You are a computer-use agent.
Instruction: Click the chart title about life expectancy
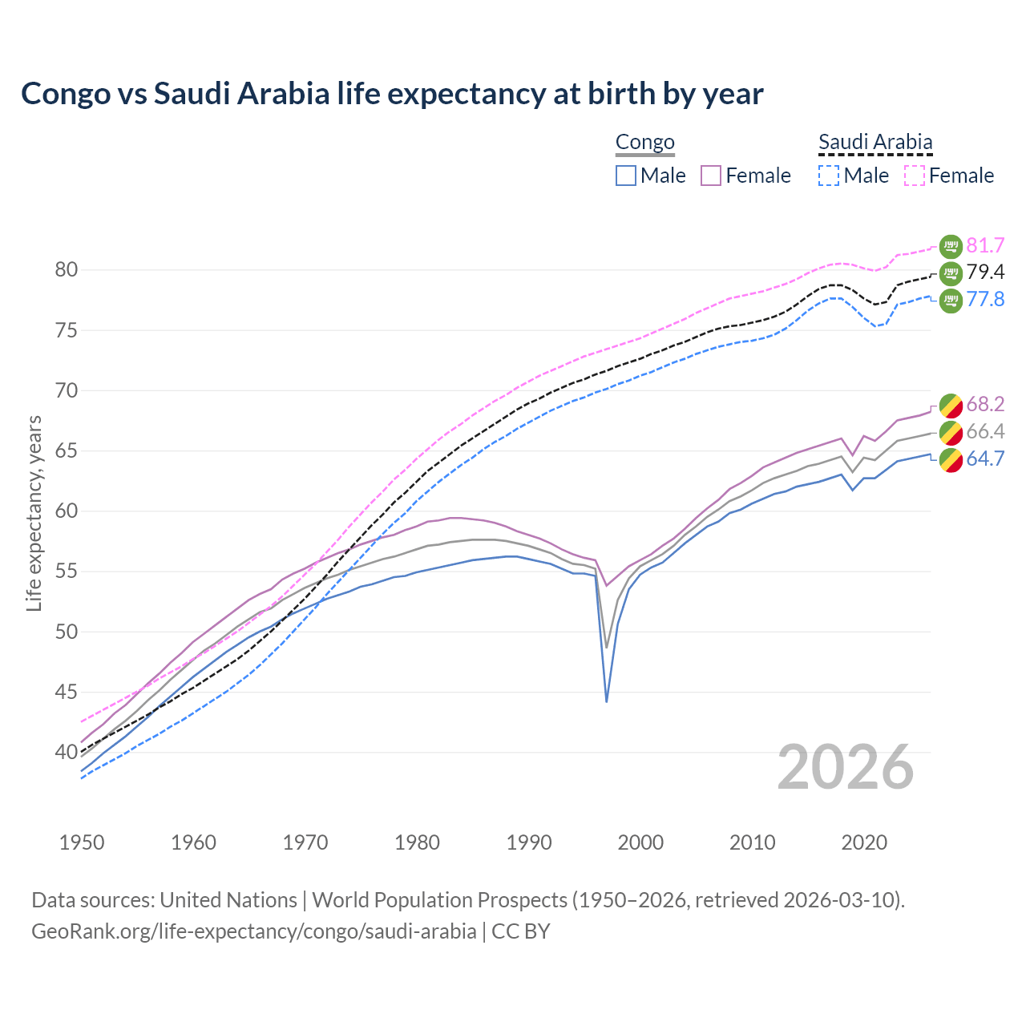[x=392, y=94]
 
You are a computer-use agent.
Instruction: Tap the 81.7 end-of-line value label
[x=985, y=246]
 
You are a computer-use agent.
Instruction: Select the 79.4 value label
[x=985, y=273]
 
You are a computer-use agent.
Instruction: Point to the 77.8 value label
[x=985, y=300]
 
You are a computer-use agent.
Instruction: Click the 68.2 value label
[x=985, y=404]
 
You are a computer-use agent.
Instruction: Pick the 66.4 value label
[x=985, y=432]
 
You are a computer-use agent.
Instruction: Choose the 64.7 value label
[x=985, y=459]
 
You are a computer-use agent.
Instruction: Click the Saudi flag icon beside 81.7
[x=950, y=246]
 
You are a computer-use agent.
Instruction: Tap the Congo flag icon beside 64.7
[x=950, y=460]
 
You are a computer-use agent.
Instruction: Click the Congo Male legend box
[x=626, y=176]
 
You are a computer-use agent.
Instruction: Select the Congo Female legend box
[x=711, y=176]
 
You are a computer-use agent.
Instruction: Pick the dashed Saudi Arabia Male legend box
[x=829, y=176]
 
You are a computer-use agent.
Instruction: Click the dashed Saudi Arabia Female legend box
[x=915, y=176]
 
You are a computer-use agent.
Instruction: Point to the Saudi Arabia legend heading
[x=875, y=142]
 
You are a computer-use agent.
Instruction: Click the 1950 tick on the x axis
[x=82, y=842]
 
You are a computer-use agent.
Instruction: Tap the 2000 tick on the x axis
[x=640, y=842]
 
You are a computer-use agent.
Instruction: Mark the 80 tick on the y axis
[x=67, y=270]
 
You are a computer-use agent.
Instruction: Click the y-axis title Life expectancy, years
[x=34, y=513]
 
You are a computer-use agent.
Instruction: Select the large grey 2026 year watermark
[x=845, y=767]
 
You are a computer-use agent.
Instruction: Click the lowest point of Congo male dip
[x=607, y=701]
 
